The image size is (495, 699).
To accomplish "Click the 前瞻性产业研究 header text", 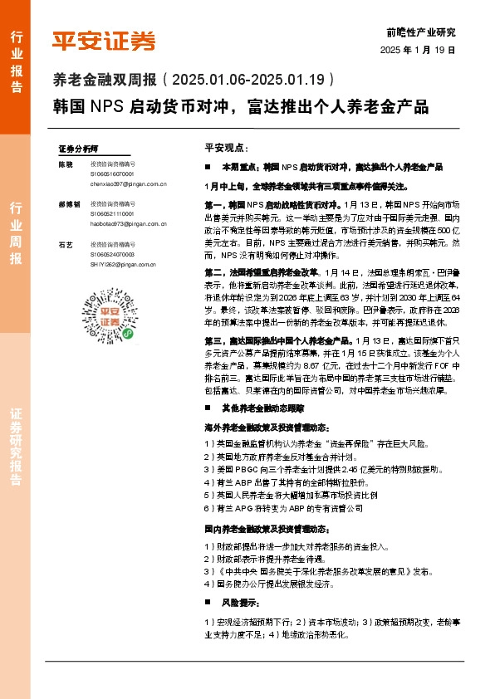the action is coord(421,33).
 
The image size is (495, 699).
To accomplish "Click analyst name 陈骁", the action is coord(66,164).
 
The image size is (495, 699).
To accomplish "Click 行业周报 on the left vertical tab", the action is coord(14,232).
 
